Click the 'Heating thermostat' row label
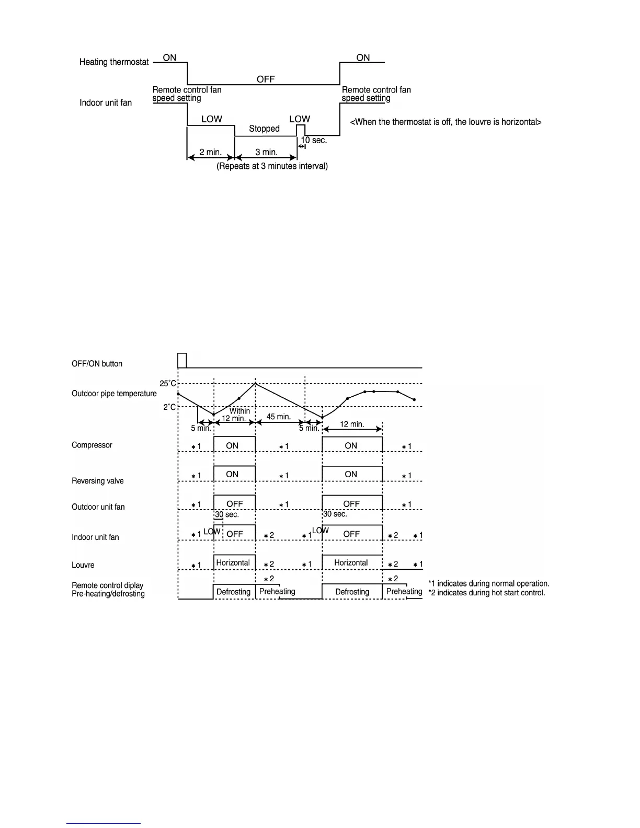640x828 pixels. (x=114, y=62)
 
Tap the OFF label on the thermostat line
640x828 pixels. (x=266, y=79)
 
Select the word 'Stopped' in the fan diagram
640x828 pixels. (x=264, y=129)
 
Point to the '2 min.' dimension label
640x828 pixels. (x=210, y=153)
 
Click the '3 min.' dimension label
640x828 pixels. (x=266, y=153)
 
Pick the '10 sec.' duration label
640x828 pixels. (x=314, y=141)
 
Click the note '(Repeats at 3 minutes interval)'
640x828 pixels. (x=272, y=166)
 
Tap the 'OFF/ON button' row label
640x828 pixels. (x=97, y=364)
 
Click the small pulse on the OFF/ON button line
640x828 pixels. (x=182, y=361)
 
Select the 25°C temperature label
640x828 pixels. (x=168, y=384)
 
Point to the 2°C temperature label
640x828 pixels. (x=169, y=407)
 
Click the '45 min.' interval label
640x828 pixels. (x=279, y=417)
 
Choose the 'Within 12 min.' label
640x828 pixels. (x=236, y=415)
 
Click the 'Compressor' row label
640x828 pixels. (x=92, y=445)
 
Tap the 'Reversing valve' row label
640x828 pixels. (x=98, y=481)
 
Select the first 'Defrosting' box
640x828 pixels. (x=234, y=592)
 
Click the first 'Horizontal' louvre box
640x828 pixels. (x=233, y=562)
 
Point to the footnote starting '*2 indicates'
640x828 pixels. (x=486, y=593)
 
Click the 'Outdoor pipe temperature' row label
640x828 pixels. (x=114, y=394)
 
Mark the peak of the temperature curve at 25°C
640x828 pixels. (x=255, y=384)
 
